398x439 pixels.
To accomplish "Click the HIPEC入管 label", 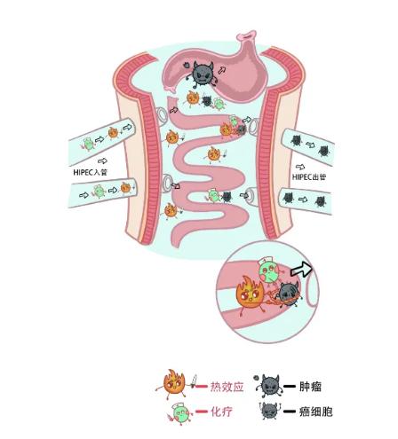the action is [90, 172].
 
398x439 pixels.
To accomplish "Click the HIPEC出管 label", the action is [309, 176].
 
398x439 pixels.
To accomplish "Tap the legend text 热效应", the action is [227, 387].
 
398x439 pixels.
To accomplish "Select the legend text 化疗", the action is [221, 412].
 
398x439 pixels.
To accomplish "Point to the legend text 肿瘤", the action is [310, 387].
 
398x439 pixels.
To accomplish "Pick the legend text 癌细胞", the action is [315, 412].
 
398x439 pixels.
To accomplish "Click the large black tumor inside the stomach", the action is [202, 74].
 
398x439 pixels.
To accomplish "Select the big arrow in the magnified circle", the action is [301, 270].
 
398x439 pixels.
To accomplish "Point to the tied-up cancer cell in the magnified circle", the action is [288, 294].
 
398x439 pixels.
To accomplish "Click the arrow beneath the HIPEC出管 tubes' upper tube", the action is [300, 167].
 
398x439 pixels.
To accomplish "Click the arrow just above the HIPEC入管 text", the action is [102, 161].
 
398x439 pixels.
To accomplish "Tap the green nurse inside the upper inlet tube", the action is [88, 144].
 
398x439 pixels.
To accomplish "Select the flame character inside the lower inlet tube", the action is [125, 188].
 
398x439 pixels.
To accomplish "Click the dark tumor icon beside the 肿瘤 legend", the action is [268, 385].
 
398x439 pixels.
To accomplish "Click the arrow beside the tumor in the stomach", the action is [222, 70].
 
